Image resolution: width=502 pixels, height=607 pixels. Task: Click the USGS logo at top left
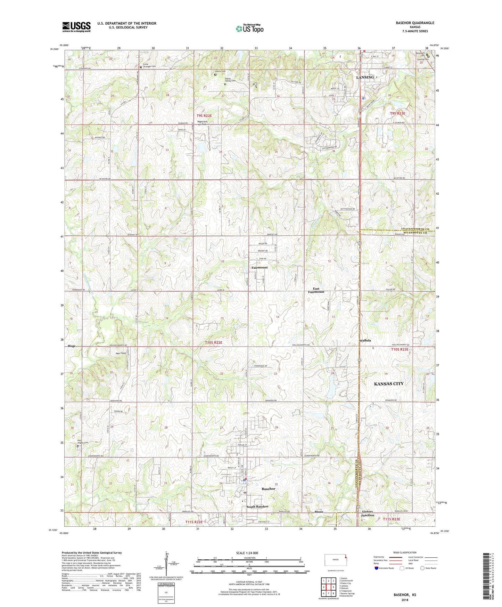pos(76,27)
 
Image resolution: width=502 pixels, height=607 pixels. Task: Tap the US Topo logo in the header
pos(249,29)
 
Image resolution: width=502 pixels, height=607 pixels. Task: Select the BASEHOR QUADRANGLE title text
pos(415,23)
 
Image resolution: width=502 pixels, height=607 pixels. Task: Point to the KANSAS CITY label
pos(388,384)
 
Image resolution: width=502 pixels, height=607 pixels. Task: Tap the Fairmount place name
pos(260,267)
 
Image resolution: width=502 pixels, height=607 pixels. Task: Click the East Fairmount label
pos(316,290)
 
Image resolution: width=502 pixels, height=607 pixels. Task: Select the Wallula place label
pos(365,340)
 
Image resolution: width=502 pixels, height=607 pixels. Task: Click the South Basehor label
pos(257,507)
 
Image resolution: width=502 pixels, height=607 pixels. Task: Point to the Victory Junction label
pos(367,513)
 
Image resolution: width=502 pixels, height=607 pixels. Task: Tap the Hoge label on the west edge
pos(72,346)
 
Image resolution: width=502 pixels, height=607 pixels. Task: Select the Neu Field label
pos(121,353)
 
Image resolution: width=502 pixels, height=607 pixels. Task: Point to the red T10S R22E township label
pos(213,342)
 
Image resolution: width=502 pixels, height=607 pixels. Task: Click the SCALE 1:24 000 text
pos(247,553)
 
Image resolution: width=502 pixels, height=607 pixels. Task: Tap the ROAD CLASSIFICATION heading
pos(405,552)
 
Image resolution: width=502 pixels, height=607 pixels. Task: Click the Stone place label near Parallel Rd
pos(319,512)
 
